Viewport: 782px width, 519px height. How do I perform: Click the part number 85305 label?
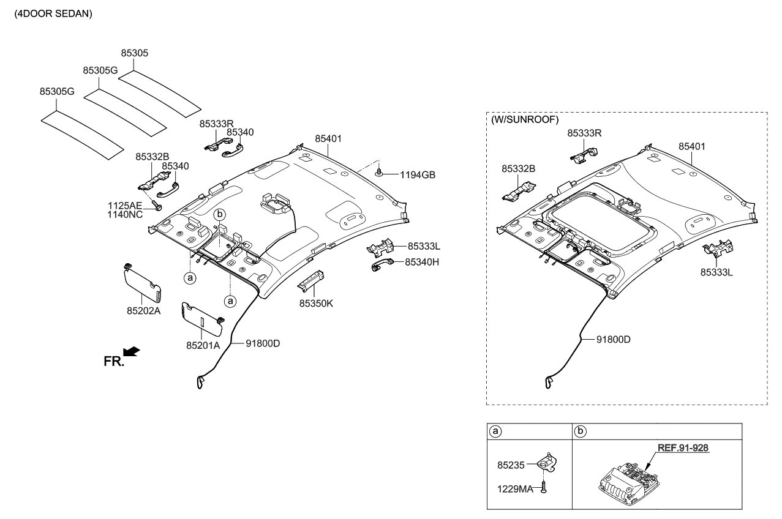coord(134,53)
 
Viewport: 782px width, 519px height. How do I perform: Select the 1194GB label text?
coord(418,174)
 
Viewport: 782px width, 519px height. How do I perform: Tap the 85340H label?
coord(422,262)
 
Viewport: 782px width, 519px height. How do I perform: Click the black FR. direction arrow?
coord(131,351)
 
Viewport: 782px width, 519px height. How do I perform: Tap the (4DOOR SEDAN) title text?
coord(53,13)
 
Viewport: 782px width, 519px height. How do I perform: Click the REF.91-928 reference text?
coord(683,448)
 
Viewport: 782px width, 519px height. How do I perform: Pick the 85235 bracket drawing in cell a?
coord(546,463)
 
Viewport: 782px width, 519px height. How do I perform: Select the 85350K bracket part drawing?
coord(310,280)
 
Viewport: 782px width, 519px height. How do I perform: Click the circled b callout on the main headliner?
coord(220,214)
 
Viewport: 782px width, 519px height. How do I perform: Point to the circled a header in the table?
coord(496,431)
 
